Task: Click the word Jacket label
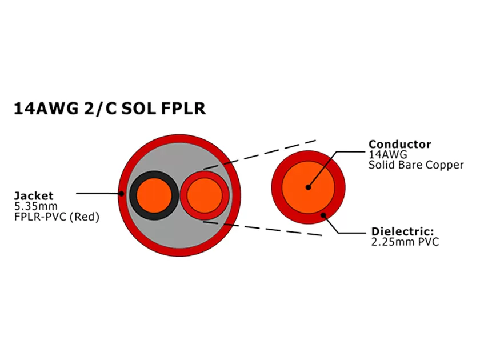(33, 197)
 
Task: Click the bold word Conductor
(399, 144)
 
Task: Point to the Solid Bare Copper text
(416, 165)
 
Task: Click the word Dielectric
(402, 231)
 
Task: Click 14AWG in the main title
(49, 108)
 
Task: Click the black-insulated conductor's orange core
(153, 195)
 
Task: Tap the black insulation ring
(134, 195)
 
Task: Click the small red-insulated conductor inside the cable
(205, 195)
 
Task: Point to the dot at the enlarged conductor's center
(308, 187)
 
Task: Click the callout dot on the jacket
(122, 193)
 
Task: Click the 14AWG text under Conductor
(385, 155)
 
